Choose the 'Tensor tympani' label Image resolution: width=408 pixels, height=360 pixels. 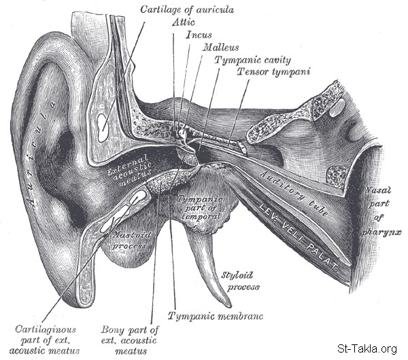coord(263,71)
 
